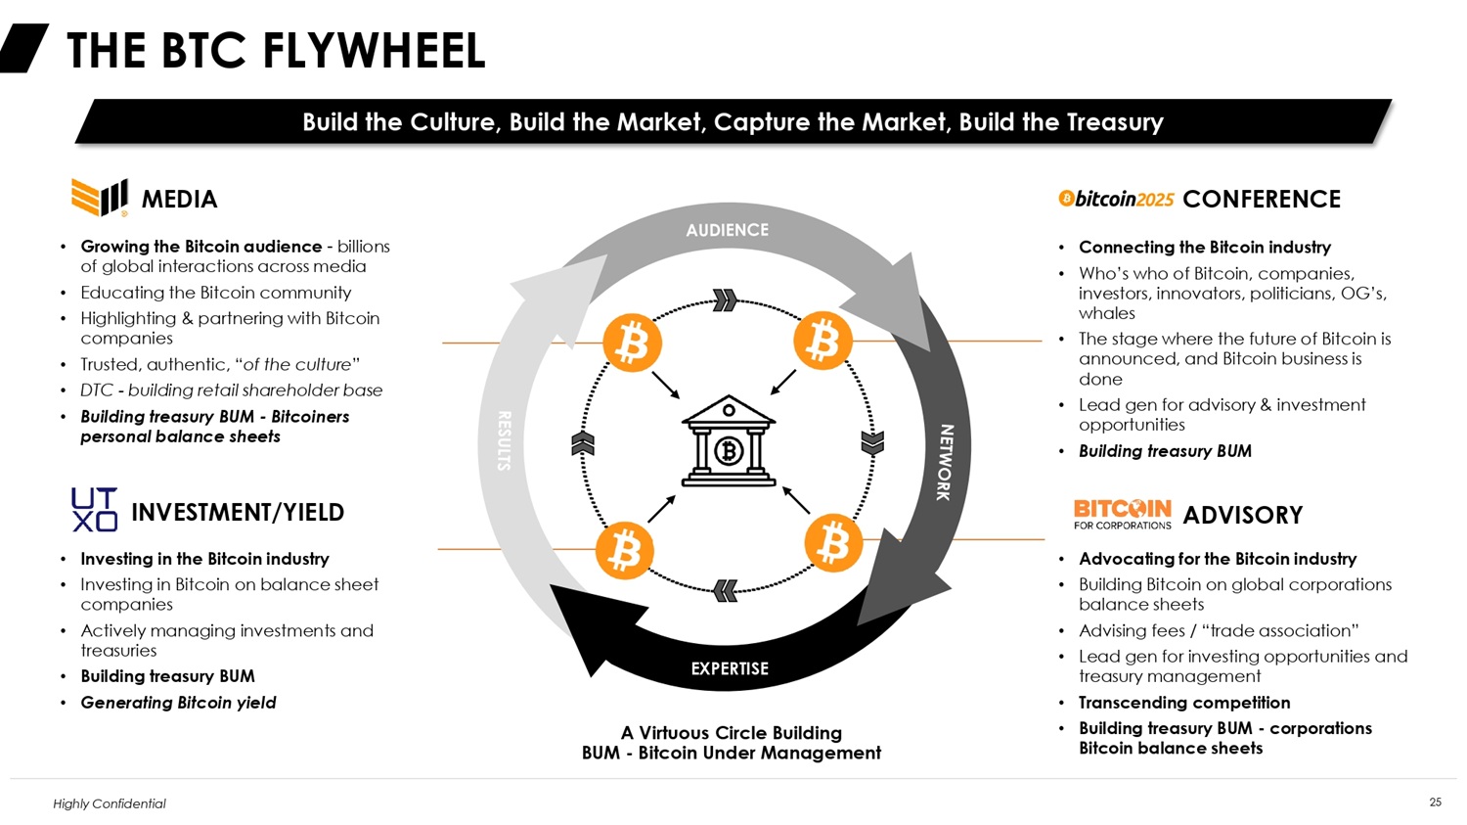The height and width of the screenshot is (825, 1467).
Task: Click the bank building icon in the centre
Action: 729,440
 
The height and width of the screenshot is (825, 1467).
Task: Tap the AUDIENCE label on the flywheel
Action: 727,230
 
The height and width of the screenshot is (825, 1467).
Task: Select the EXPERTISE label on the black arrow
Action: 730,668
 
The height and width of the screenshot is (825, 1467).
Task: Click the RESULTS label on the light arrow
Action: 504,440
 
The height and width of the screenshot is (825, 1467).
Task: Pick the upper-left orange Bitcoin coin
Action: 632,343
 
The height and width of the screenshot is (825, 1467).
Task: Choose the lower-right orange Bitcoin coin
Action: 833,542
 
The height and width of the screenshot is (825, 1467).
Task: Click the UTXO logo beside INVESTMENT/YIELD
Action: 94,509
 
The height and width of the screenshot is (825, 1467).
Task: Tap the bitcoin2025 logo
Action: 1116,199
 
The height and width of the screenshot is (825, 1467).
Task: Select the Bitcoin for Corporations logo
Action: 1123,515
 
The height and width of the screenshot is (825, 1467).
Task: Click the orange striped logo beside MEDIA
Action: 100,197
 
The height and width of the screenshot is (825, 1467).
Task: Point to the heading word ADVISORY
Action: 1242,515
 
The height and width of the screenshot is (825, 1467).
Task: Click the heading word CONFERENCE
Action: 1262,200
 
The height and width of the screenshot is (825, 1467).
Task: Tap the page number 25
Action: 1435,802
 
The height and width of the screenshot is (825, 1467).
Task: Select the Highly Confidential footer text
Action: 110,803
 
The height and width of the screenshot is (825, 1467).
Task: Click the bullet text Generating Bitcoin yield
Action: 178,703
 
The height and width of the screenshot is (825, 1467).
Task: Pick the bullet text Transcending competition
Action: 1184,703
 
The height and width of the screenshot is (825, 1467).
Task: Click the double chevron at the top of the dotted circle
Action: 725,300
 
